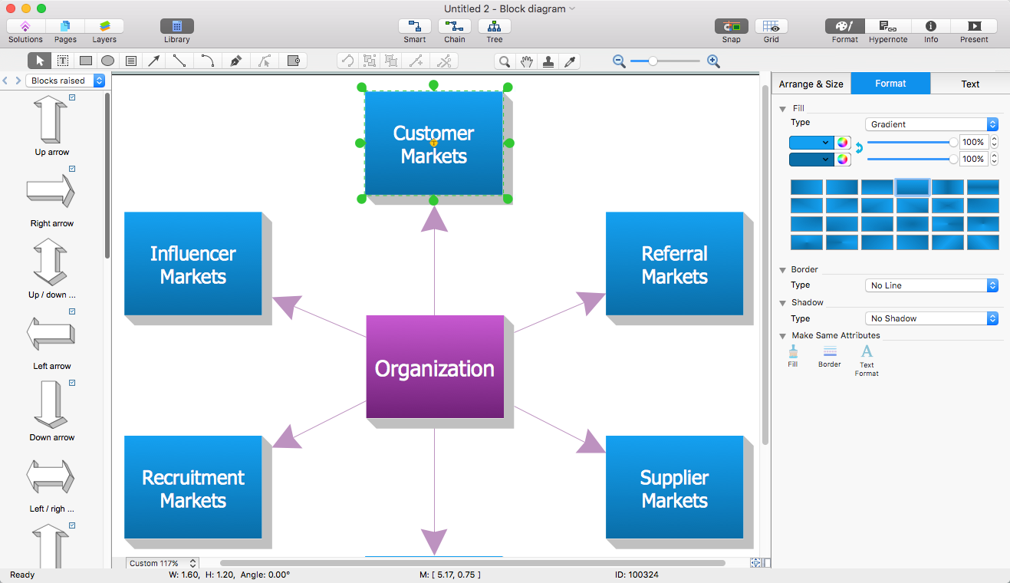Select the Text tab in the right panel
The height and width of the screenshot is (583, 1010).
point(970,84)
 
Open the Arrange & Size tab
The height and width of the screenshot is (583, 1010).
point(811,84)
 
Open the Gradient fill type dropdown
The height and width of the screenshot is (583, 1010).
point(931,124)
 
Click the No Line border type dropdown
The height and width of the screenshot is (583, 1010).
point(931,285)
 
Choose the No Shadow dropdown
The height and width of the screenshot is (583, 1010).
point(931,318)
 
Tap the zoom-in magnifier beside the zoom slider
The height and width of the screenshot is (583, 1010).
point(713,61)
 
